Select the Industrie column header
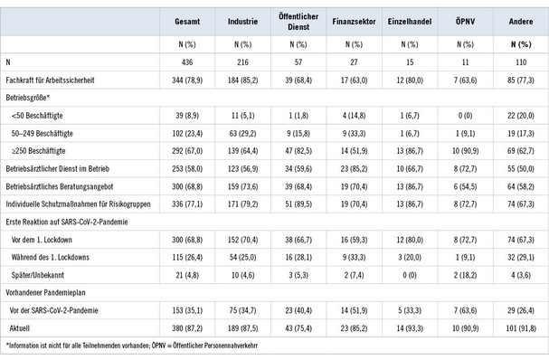coord(241,18)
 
